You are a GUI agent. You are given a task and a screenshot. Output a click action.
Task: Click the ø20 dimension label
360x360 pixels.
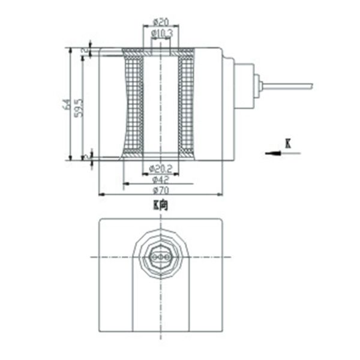coord(160,22)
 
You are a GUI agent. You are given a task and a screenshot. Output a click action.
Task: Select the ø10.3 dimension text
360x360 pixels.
coord(161,32)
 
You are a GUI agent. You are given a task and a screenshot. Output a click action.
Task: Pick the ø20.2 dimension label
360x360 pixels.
coord(160,168)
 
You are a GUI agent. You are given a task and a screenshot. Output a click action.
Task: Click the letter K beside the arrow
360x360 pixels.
coord(288,143)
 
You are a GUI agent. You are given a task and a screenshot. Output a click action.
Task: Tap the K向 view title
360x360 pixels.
coord(160,205)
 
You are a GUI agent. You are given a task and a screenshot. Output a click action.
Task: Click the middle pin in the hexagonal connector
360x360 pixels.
coord(160,256)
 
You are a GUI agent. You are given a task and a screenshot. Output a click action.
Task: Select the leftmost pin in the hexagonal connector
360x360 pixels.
coord(155,256)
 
